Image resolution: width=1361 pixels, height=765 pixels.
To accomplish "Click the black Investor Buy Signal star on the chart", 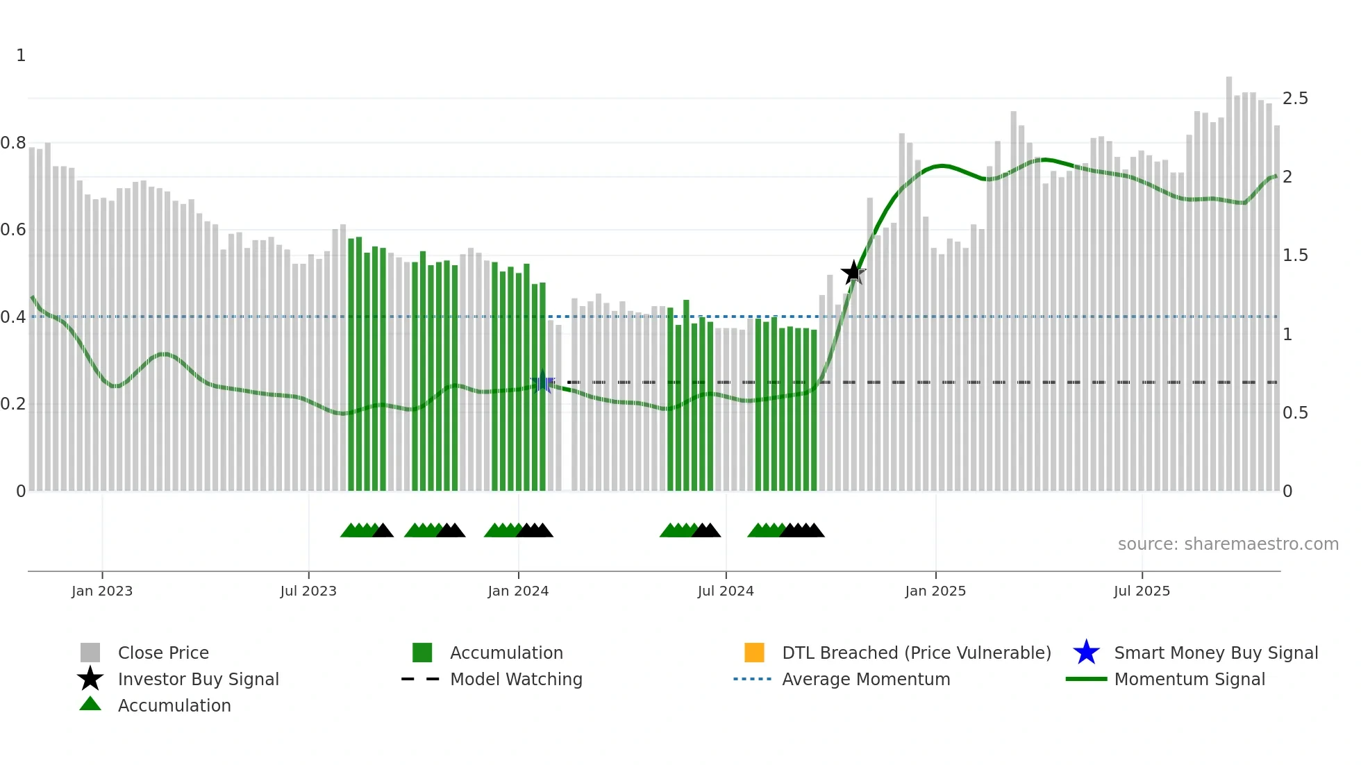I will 853,272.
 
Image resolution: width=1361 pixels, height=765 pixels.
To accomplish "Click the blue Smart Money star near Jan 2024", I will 543,382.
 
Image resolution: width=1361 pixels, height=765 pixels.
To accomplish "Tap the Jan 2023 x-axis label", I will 102,591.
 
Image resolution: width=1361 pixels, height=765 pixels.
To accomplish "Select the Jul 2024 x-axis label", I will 726,591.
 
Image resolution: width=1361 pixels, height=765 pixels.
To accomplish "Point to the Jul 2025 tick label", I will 1142,591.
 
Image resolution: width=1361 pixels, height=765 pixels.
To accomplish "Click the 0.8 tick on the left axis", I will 13,143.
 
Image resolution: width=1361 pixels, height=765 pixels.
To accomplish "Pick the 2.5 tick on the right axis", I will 1295,99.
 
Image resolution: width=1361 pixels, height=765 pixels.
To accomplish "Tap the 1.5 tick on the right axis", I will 1295,255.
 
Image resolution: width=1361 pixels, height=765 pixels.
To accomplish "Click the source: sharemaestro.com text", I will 1228,544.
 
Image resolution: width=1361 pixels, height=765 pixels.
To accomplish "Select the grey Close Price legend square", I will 90,653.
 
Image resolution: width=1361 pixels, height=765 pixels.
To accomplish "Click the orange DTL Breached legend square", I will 754,653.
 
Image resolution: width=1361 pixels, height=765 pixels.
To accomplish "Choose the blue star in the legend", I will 1086,653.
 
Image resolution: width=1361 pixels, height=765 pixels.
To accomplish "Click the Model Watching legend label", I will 516,679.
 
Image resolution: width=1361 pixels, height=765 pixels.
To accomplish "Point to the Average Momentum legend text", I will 866,679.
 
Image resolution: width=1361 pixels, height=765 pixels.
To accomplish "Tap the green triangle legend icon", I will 90,705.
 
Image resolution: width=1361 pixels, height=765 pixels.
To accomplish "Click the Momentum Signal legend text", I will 1189,679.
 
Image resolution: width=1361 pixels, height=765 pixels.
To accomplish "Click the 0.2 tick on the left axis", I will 13,404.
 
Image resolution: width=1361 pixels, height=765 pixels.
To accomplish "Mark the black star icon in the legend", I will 90,679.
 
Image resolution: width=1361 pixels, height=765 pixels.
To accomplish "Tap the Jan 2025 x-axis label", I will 935,591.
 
